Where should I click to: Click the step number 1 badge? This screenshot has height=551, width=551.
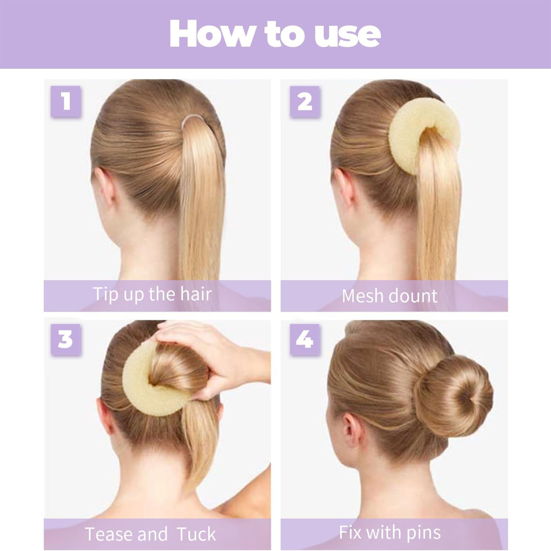point(65,101)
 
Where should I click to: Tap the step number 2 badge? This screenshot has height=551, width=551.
point(305,101)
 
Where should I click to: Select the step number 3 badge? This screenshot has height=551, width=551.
point(65,339)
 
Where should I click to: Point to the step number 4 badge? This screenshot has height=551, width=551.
point(305,339)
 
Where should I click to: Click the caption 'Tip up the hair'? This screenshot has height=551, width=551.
point(153,294)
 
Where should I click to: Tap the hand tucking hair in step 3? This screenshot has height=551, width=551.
point(220,359)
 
